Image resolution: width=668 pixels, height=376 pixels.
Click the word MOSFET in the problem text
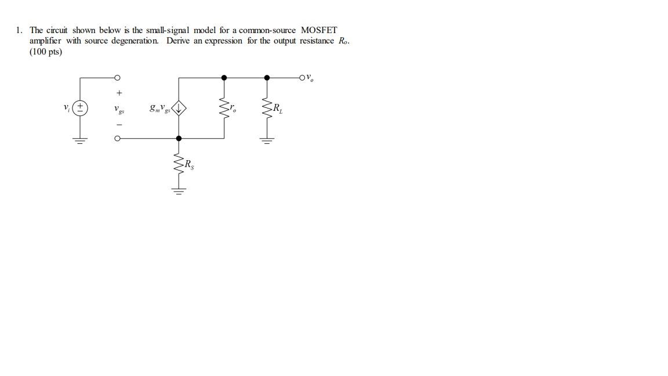(x=319, y=30)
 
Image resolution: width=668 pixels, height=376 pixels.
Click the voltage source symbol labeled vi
(x=81, y=108)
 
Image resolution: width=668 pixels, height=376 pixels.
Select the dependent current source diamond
(x=179, y=108)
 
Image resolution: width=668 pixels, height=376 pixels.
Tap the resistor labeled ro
(x=224, y=108)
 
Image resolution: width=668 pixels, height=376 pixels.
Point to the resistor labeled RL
(x=267, y=108)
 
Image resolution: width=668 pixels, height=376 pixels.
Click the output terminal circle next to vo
(x=302, y=77)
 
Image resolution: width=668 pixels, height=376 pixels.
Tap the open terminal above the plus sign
(x=118, y=77)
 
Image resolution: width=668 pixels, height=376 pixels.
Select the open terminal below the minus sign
(x=118, y=139)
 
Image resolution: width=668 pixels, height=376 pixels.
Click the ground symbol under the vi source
(x=81, y=140)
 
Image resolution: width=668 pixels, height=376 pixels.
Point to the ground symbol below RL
(x=267, y=140)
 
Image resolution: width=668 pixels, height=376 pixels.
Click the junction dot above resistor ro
(x=224, y=77)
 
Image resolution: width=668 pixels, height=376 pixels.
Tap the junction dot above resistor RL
(x=267, y=77)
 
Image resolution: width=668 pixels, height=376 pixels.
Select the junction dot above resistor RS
(x=179, y=139)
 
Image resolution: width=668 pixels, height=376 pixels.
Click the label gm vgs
(x=159, y=108)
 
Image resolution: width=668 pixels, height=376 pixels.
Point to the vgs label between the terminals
(x=119, y=109)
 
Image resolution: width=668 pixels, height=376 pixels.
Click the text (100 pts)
(x=46, y=52)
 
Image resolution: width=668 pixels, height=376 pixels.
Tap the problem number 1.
(x=20, y=30)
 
